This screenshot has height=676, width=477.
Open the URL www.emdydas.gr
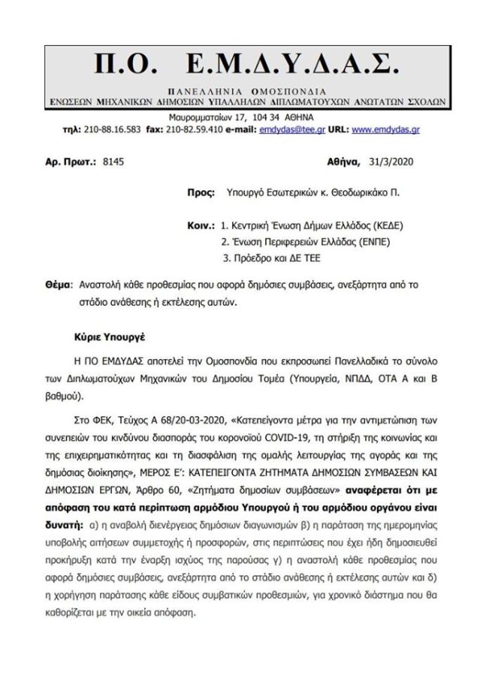385,129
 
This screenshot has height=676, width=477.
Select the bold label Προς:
200,193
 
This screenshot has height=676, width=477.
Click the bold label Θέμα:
57,287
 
